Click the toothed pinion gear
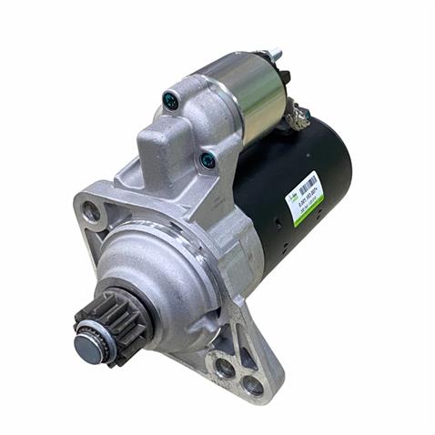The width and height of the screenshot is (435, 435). pos(107,320)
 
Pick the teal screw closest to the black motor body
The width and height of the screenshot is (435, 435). pos(207,160)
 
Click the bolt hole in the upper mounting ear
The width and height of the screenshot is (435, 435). pos(91,213)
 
